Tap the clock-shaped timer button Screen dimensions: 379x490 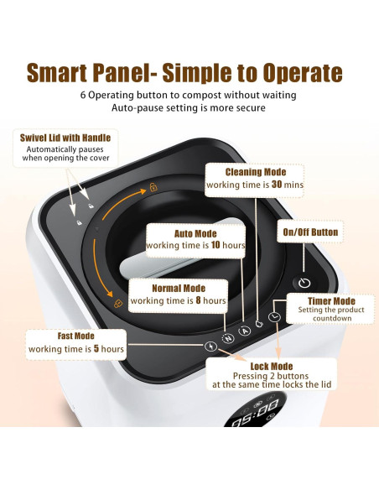click(x=274, y=317)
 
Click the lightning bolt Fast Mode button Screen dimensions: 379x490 click(x=211, y=347)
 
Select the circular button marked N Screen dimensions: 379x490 click(x=228, y=338)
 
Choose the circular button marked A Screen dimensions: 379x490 click(x=245, y=331)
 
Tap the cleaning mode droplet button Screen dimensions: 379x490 click(x=259, y=324)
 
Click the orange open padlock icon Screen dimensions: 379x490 click(x=153, y=187)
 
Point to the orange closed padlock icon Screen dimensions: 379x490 click(x=118, y=303)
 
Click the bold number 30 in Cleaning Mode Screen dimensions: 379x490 click(x=277, y=185)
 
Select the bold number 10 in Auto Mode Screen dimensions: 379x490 click(x=215, y=245)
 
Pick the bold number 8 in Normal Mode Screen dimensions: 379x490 click(x=198, y=300)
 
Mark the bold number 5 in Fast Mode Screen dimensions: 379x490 click(x=96, y=348)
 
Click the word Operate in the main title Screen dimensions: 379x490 click(x=303, y=73)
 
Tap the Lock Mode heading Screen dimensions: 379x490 click(x=272, y=367)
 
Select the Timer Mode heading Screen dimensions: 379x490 click(x=331, y=301)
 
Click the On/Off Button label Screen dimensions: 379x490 click(x=310, y=232)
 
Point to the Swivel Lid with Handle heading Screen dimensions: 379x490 click(x=65, y=138)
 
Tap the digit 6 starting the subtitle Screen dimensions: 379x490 click(x=83, y=95)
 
